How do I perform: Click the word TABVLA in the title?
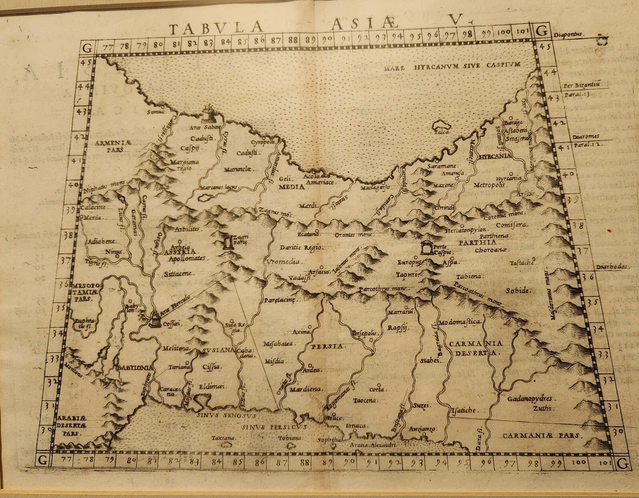click(208, 29)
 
